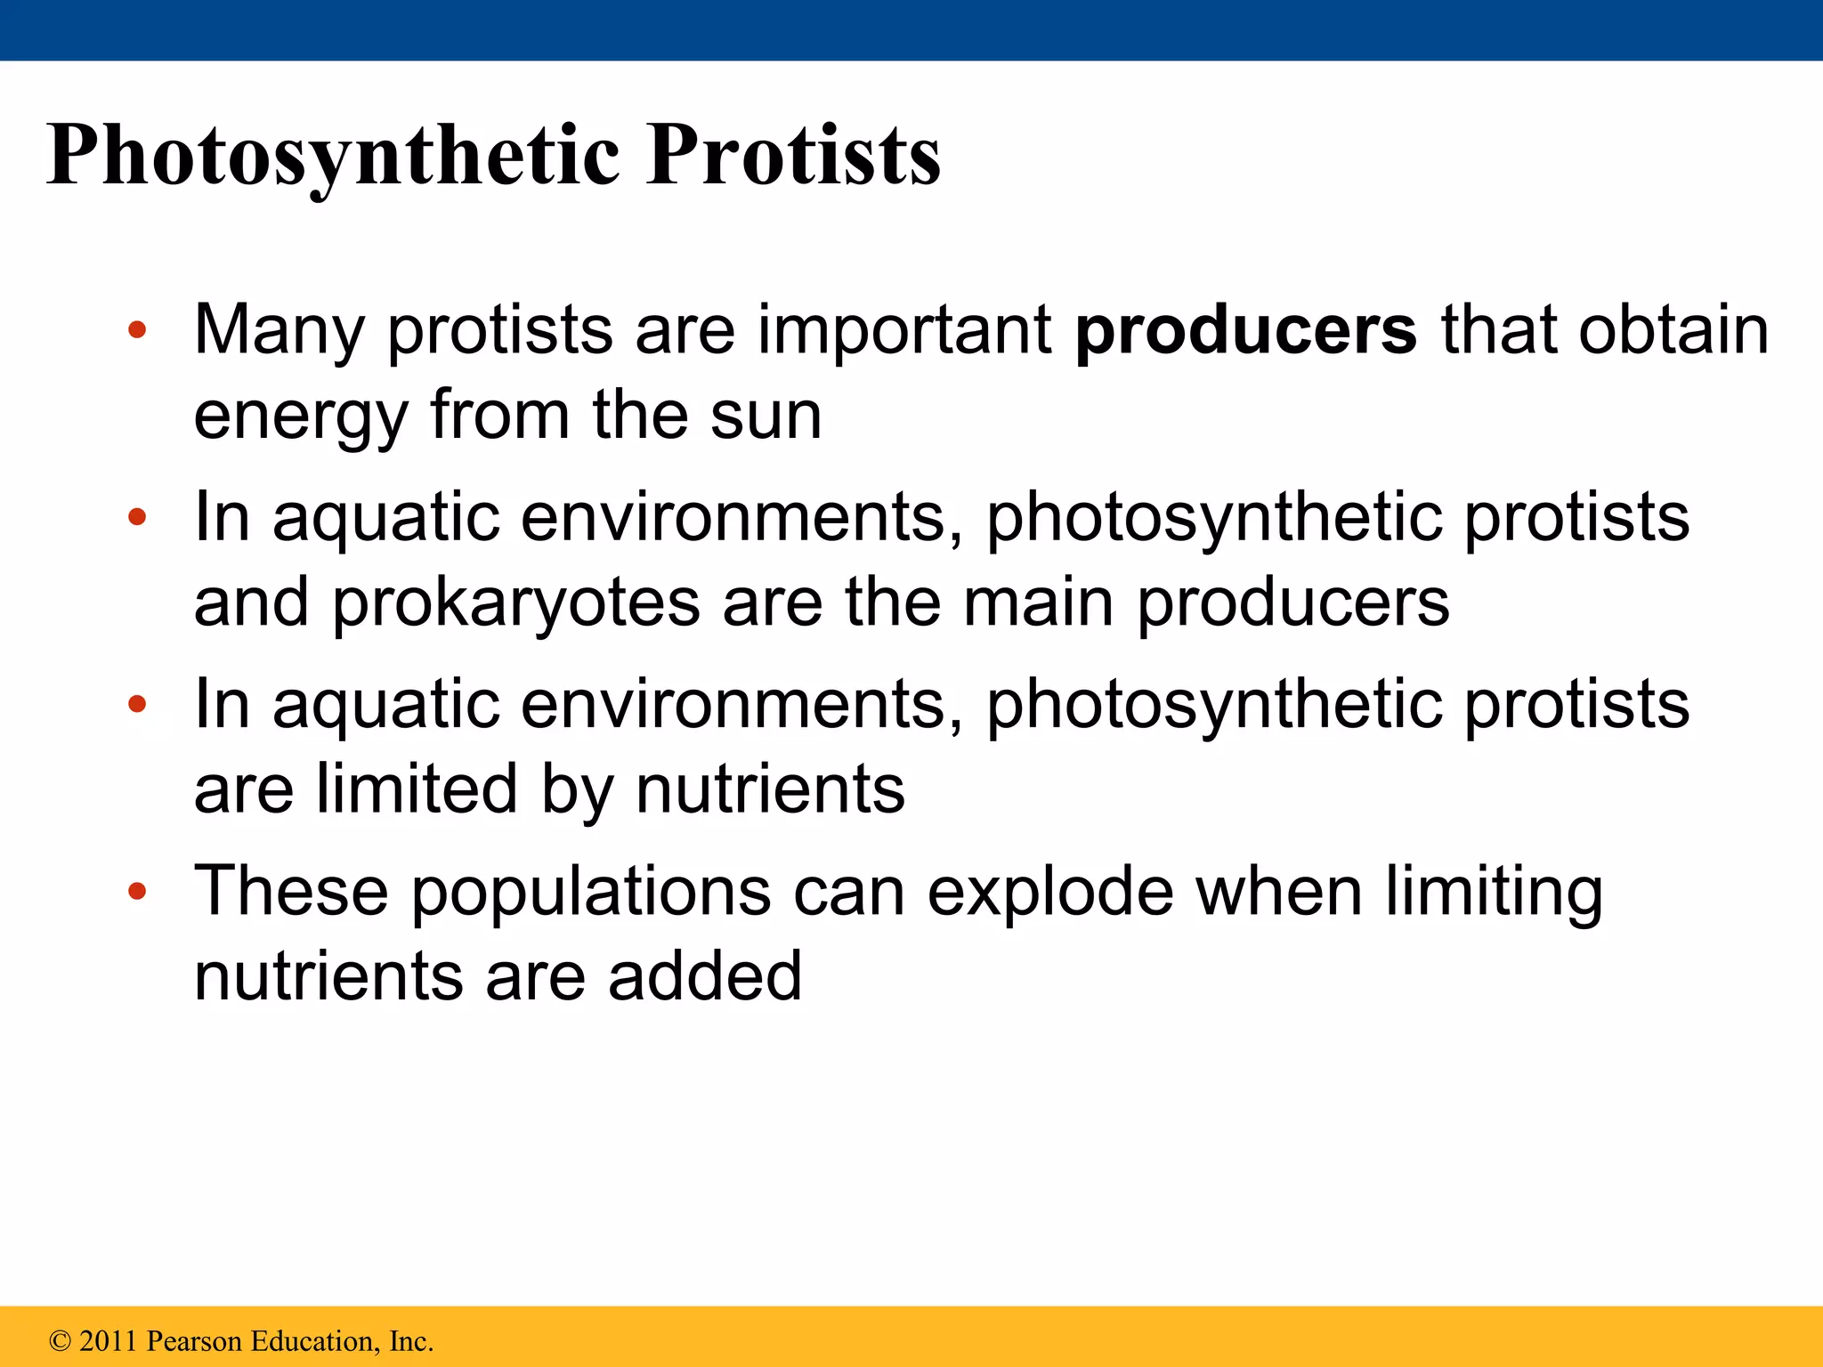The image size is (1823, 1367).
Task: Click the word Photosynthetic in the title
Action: (x=333, y=157)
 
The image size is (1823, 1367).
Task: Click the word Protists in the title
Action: (x=793, y=157)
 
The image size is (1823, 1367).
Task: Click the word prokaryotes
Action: (x=516, y=603)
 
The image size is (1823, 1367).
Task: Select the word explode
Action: (x=1050, y=892)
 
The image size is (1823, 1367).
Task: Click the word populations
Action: (x=590, y=892)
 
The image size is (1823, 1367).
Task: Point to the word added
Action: (x=705, y=976)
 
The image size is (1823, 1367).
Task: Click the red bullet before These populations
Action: (x=136, y=892)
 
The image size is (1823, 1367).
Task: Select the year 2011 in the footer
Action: (x=109, y=1341)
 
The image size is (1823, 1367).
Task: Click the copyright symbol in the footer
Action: (x=60, y=1341)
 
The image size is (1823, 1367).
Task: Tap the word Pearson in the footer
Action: (x=195, y=1341)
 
